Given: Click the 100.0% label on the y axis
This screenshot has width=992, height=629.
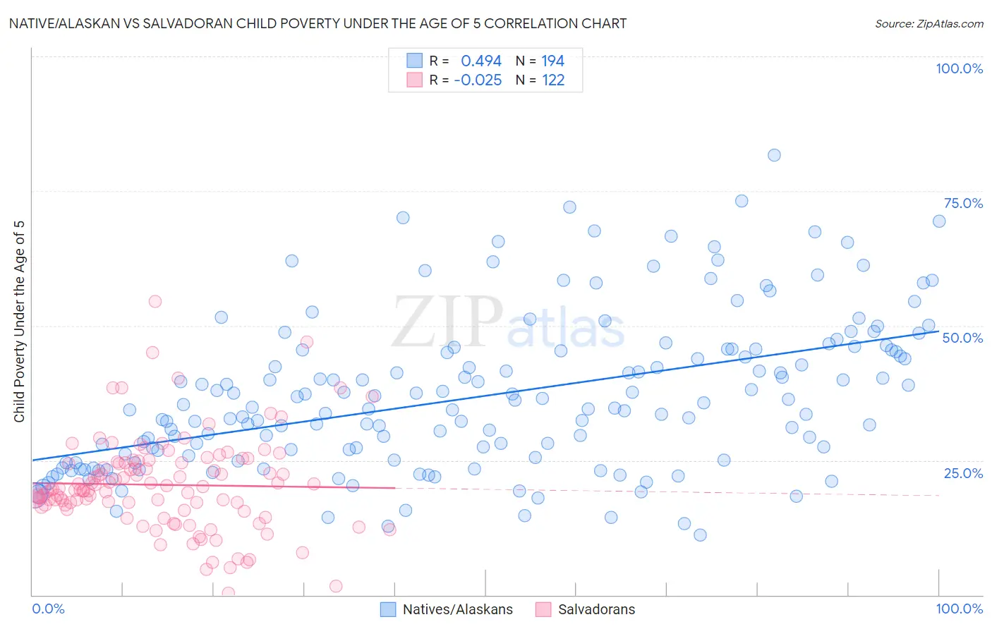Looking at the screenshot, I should pos(959,68).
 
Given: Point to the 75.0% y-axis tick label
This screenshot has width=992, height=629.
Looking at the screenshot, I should pos(963,203).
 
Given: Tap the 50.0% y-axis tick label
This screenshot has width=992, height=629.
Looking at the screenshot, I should pos(962,338).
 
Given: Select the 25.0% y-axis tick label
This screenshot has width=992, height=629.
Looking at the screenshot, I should pos(963,472).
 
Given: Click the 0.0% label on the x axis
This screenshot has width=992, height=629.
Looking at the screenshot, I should pos(48,609).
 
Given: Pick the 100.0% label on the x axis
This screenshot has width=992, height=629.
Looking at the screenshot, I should pos(959,609).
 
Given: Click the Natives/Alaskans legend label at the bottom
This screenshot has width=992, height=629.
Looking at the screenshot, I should pos(457,609).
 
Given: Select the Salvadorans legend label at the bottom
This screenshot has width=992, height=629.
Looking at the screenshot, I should pos(596,609).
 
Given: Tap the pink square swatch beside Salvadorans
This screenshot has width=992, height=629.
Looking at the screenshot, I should pos(543,609).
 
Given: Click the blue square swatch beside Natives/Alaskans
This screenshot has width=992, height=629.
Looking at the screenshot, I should pos(388,609).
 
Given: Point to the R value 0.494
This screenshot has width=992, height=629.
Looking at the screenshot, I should pos(480,61).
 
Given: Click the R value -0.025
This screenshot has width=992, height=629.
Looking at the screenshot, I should pos(478,80).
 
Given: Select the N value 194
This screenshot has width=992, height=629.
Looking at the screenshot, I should pos(552,61).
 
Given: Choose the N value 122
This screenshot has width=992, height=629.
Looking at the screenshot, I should pos(552,80).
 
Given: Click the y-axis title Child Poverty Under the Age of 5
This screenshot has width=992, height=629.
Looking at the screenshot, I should pos(19,321).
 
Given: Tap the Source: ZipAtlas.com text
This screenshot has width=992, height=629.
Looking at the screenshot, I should pos(929,23).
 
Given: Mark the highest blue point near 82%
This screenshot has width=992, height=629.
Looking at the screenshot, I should pos(774,155).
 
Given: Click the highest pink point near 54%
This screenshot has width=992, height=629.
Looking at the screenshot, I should pos(155,301).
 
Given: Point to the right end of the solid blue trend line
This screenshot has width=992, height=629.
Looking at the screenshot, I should pos(938,331).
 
